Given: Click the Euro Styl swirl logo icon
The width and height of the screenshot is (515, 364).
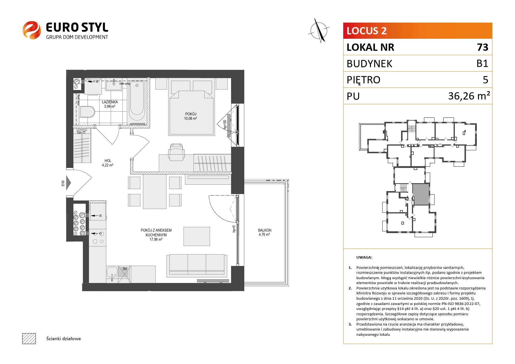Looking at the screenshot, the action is [32, 30].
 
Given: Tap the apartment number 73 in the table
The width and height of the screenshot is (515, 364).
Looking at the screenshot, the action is [482, 47].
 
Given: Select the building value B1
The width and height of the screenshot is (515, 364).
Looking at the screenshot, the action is [482, 63].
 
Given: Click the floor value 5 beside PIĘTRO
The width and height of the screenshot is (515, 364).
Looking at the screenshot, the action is [485, 80].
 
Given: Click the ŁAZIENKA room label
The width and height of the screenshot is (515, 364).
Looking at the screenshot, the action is [110, 102].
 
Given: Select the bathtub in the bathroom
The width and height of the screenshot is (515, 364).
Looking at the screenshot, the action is [137, 101].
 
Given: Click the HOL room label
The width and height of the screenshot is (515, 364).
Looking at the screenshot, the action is [108, 161].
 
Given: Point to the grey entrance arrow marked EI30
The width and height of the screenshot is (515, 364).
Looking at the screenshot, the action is [68, 183].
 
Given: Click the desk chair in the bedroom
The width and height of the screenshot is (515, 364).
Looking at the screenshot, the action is [176, 151].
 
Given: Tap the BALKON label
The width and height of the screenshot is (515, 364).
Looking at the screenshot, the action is [265, 230].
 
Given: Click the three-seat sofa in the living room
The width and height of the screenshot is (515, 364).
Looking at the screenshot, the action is [197, 266].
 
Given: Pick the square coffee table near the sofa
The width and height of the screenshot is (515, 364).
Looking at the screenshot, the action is [197, 236].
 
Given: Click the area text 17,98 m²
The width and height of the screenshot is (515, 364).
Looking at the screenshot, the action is [156, 240].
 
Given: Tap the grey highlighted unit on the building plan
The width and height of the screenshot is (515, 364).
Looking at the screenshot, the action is [421, 194].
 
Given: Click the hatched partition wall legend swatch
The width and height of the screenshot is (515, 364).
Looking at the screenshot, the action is [29, 338].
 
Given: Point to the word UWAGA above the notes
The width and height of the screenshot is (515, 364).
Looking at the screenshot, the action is [364, 257].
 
